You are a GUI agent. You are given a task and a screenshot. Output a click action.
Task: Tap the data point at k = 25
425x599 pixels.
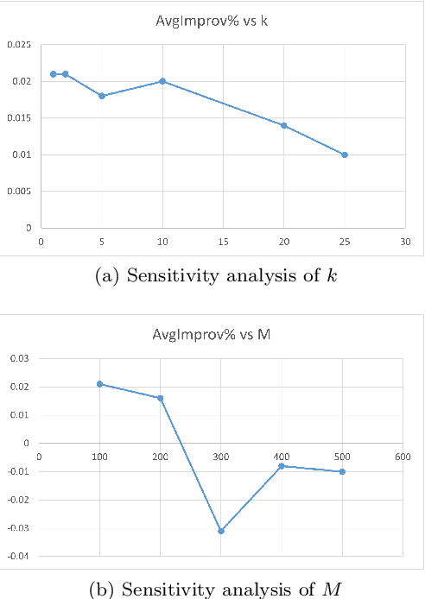tap(345, 154)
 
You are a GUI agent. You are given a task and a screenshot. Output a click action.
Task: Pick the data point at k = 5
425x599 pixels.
tap(101, 96)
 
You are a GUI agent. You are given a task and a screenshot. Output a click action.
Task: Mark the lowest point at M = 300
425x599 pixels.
tap(221, 531)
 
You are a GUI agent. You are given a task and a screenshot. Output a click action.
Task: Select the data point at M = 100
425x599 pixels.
tap(100, 384)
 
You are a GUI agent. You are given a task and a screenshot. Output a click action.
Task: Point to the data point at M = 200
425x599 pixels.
tap(161, 398)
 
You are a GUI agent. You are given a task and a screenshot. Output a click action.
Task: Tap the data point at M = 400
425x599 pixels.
tap(282, 466)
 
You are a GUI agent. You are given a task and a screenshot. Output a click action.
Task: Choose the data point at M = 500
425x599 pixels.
tap(343, 471)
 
